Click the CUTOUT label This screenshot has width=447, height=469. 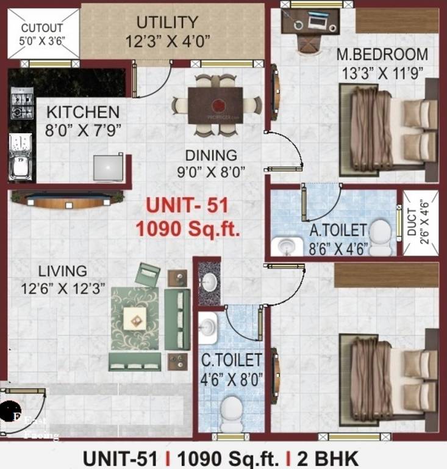point(43,28)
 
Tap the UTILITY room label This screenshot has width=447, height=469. point(166,23)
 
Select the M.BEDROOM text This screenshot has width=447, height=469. point(382,55)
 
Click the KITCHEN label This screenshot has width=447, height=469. point(83,112)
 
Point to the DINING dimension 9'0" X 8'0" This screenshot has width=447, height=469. point(211,171)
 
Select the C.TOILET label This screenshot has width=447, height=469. point(232,360)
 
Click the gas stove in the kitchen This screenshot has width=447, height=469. point(21,104)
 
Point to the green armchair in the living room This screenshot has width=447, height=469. point(148,275)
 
